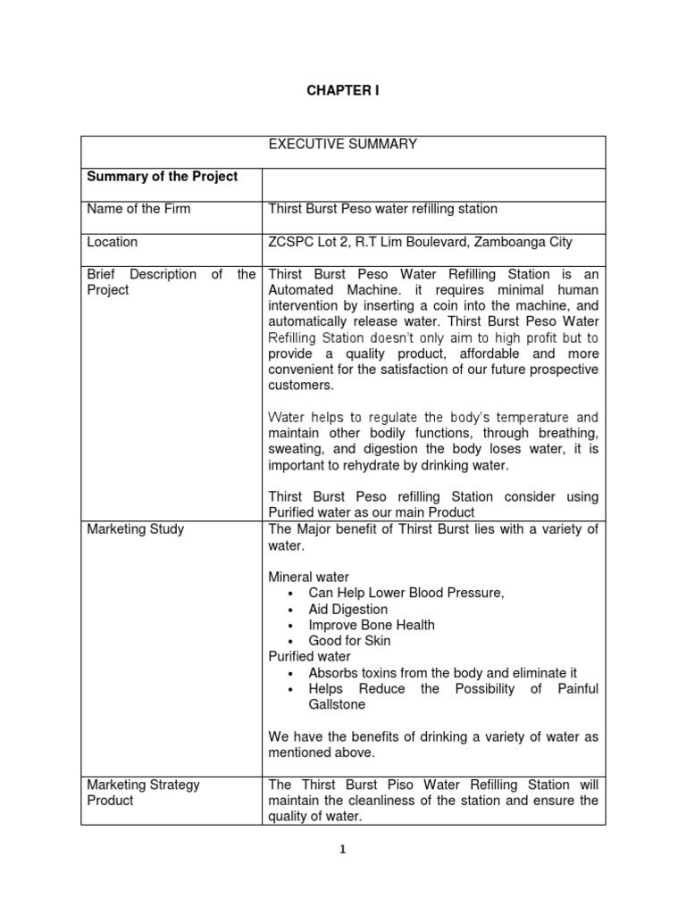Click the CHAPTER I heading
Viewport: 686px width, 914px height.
coord(343,91)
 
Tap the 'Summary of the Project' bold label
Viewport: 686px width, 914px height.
coord(162,177)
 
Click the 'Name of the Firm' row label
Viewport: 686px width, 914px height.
coord(138,209)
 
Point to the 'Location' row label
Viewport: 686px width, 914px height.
coord(112,242)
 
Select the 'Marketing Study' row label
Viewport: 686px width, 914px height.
coord(135,529)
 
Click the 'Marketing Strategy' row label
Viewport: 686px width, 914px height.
coord(143,785)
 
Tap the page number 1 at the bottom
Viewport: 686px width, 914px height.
coord(342,850)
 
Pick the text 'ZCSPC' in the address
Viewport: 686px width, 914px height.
coord(290,242)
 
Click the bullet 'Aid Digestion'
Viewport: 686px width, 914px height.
coord(347,610)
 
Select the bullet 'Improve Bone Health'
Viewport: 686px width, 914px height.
coord(372,625)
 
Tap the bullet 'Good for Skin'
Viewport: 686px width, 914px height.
coord(349,641)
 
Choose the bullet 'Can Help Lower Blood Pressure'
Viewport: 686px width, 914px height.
coord(406,594)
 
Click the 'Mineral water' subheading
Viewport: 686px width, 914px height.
coord(309,577)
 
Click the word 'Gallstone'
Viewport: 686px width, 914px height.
coord(338,704)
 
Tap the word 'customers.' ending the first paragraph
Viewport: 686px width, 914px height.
coord(300,386)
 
